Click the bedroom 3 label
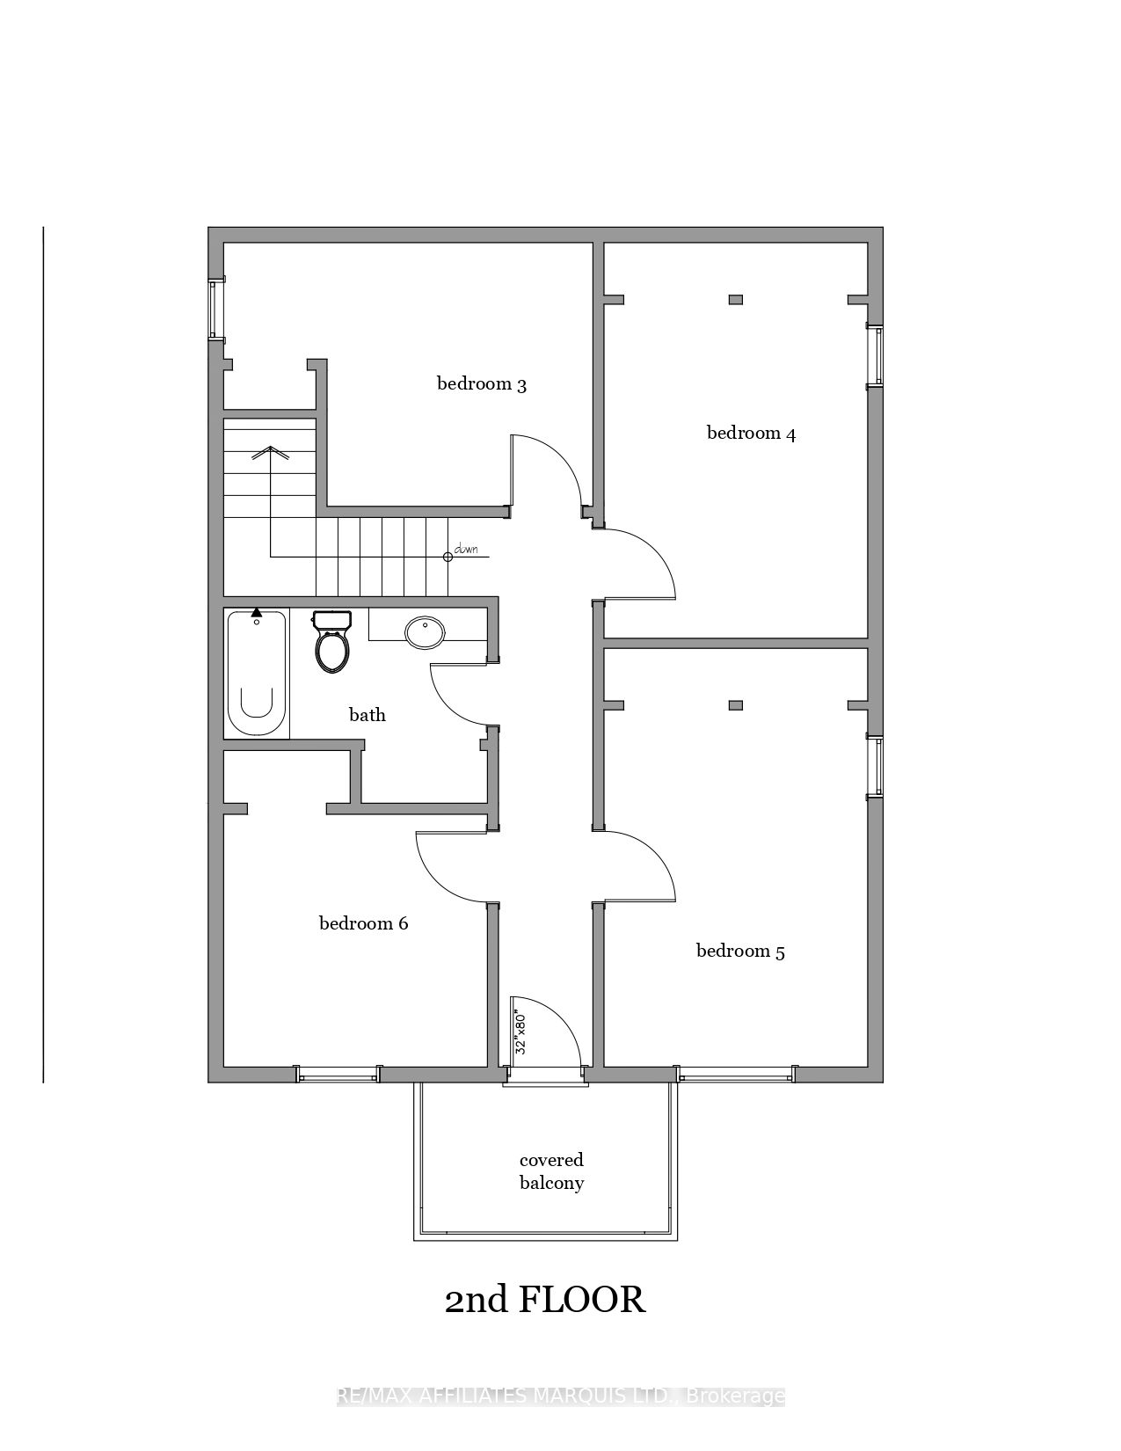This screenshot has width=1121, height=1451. (x=481, y=384)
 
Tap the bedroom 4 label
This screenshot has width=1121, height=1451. (x=751, y=434)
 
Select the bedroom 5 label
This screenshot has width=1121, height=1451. (x=740, y=952)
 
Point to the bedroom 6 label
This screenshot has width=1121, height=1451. (x=363, y=923)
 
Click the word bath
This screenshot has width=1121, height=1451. (x=367, y=715)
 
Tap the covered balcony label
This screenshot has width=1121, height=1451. (x=551, y=1171)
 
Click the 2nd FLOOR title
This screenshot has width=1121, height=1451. (x=545, y=1300)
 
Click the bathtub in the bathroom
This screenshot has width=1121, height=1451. (x=256, y=674)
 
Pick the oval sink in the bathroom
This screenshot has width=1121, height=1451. (x=426, y=632)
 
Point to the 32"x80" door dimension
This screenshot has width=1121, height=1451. (x=520, y=1034)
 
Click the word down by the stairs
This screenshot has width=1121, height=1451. (x=466, y=551)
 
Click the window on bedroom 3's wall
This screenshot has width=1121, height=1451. (x=215, y=310)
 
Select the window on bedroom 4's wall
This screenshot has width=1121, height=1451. (x=875, y=356)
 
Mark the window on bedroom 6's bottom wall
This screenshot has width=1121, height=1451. (x=338, y=1074)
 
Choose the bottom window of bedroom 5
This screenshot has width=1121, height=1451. (x=736, y=1074)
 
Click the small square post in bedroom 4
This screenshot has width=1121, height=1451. (x=736, y=300)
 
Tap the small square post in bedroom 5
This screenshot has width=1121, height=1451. (x=736, y=705)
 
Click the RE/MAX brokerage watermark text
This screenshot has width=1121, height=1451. (x=560, y=1396)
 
